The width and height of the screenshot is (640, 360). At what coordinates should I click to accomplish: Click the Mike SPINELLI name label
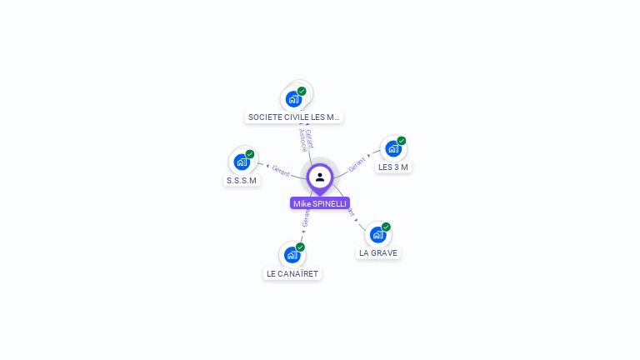(x=320, y=203)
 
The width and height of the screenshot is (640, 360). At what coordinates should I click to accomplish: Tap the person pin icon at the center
(x=320, y=177)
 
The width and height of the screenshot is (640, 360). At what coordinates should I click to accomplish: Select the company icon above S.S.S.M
(x=242, y=162)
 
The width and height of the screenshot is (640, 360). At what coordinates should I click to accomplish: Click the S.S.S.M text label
(x=242, y=180)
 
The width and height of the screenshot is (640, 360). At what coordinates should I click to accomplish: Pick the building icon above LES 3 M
(x=393, y=149)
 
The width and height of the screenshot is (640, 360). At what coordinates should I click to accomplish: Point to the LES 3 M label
(x=393, y=167)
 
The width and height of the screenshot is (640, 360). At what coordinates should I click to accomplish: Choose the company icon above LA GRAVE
(x=377, y=235)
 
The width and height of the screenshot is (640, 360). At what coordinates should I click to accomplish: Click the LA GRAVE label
(x=378, y=252)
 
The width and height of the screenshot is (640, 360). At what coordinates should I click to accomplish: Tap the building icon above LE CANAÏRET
(x=292, y=255)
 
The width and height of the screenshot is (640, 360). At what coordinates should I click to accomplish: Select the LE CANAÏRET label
(x=292, y=273)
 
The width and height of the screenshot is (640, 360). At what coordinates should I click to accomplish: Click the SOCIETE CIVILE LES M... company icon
(x=293, y=99)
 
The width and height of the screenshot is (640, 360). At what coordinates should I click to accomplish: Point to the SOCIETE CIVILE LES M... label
(x=294, y=117)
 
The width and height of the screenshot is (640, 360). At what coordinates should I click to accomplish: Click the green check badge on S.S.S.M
(x=250, y=154)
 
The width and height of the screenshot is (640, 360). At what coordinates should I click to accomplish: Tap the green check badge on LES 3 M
(x=402, y=141)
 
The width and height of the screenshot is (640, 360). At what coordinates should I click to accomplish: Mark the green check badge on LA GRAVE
(x=386, y=227)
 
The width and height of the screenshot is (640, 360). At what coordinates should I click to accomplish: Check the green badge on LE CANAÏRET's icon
(x=300, y=247)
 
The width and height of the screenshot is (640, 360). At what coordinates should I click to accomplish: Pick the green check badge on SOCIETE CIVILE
(x=302, y=91)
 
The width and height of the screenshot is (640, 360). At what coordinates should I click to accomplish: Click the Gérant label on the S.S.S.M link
(x=281, y=170)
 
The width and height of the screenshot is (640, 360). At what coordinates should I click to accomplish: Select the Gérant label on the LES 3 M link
(x=357, y=165)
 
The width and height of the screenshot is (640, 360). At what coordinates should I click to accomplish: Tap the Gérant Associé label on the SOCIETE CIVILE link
(x=306, y=140)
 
